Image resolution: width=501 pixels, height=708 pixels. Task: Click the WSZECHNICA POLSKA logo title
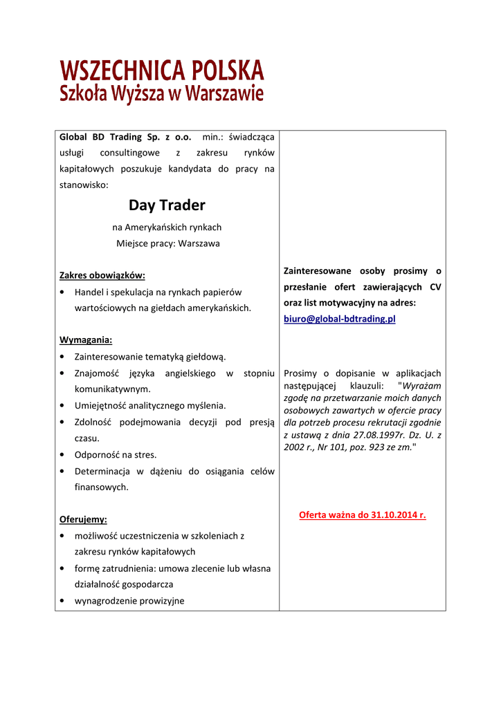point(162,71)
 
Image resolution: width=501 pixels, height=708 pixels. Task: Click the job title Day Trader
point(167,205)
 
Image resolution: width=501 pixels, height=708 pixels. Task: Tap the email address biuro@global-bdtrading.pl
point(340,319)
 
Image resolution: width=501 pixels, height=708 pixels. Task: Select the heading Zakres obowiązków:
point(102,275)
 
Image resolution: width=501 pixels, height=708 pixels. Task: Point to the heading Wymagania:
point(86,340)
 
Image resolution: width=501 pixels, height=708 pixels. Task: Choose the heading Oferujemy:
point(84,519)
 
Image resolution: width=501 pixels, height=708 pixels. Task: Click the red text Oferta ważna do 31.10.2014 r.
point(363,515)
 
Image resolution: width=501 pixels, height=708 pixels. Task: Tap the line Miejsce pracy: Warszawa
point(167,243)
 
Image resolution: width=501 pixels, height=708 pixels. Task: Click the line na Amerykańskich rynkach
point(167,227)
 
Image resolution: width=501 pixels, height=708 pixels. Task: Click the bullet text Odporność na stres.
point(116,455)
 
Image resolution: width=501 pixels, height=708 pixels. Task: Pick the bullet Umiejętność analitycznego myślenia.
point(150,405)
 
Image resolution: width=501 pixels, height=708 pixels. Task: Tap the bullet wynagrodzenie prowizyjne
point(129,601)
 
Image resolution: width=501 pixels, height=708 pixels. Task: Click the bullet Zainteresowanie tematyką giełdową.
point(150,357)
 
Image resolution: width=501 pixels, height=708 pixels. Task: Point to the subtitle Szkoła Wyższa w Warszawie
point(162,93)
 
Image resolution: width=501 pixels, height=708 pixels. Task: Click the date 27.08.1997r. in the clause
point(370,434)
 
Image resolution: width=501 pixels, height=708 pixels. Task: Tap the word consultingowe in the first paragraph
point(129,153)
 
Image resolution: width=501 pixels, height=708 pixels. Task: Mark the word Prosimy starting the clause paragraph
point(300,373)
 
